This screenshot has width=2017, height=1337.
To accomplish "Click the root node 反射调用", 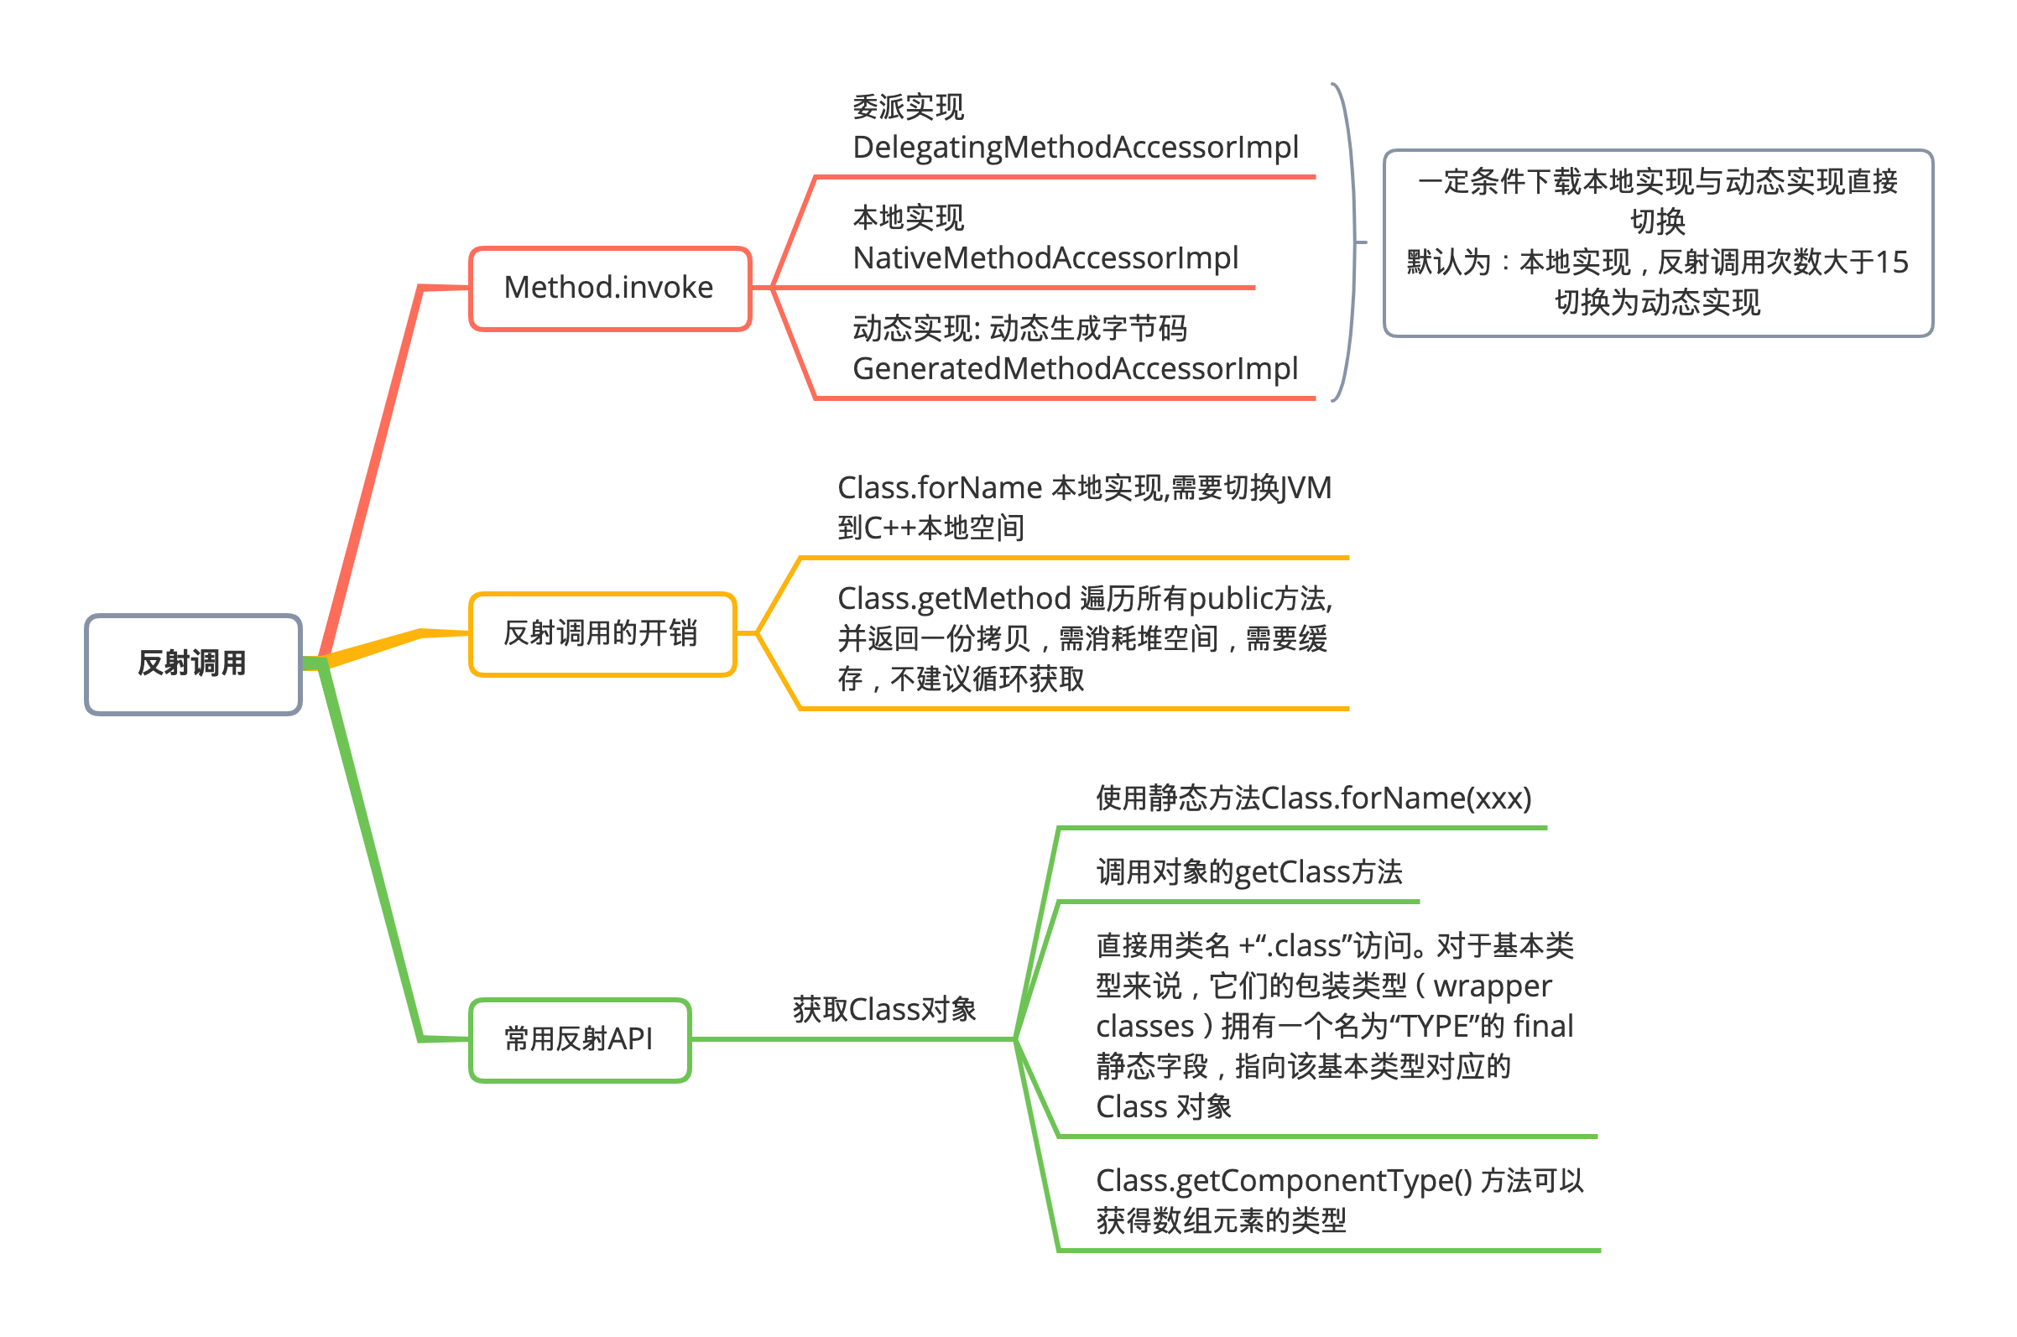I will pyautogui.click(x=193, y=664).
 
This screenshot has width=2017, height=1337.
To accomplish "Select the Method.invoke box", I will pyautogui.click(x=610, y=289).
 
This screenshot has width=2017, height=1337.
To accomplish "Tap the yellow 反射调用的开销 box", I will pyautogui.click(x=602, y=634).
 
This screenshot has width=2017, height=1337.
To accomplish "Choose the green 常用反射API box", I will pyautogui.click(x=580, y=1040).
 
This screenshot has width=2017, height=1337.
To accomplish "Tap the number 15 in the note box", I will pyautogui.click(x=1892, y=263).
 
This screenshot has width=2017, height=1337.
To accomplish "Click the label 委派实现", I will pyautogui.click(x=909, y=107).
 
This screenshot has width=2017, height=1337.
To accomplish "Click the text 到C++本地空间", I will pyautogui.click(x=931, y=528).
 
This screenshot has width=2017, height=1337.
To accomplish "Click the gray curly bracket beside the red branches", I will pyautogui.click(x=1353, y=243).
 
